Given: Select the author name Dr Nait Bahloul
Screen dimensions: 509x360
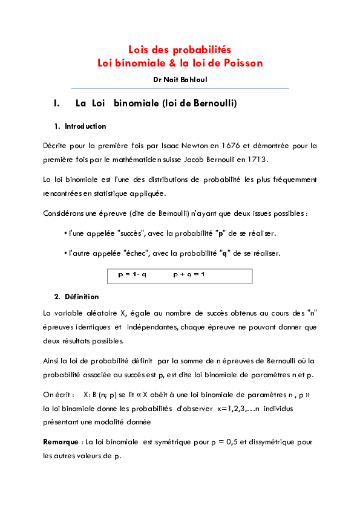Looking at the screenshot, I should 180,79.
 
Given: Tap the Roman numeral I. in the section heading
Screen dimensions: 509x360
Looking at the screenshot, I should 57,103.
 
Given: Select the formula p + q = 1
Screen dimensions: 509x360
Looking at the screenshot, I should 189,274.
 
